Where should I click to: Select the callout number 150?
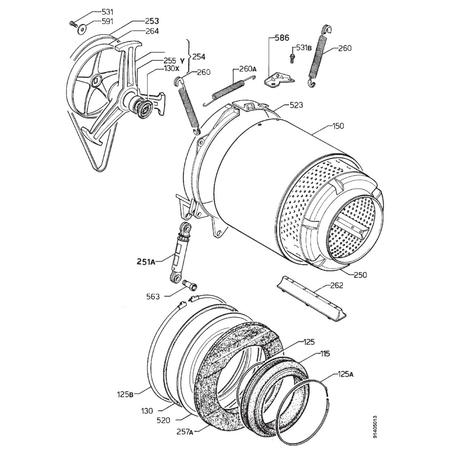coord(339,126)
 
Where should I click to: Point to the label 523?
coord(296,105)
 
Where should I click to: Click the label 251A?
coord(145,262)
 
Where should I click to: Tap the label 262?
coord(337,286)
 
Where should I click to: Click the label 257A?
coord(184,431)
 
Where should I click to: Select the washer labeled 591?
coord(82,30)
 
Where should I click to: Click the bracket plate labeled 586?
coord(279,79)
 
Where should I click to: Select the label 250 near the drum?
coord(360,275)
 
